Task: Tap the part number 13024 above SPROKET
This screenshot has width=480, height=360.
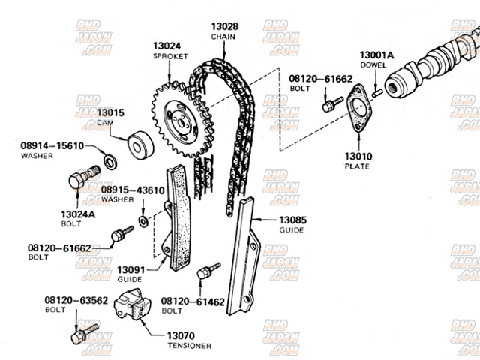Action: click(166, 46)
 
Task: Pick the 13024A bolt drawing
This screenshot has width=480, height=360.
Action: click(81, 179)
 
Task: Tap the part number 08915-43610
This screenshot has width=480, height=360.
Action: click(133, 190)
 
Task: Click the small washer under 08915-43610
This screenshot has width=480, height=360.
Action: click(143, 222)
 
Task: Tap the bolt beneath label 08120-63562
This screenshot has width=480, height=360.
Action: click(83, 333)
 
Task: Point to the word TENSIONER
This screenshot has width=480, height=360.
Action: click(189, 346)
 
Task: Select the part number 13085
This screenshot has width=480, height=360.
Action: click(294, 220)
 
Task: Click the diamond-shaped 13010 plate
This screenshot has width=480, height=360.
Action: click(359, 109)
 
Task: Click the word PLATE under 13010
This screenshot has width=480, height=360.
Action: click(358, 166)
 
